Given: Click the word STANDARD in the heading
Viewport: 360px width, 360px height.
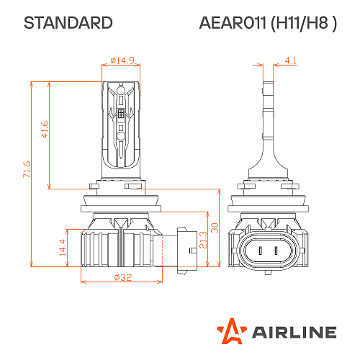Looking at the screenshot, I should (68, 23).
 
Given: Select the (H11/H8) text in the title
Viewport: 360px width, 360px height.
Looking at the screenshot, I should (303, 23).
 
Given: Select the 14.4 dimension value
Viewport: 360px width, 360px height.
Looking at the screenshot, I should (62, 247).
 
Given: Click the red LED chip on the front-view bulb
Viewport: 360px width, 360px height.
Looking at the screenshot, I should (122, 114).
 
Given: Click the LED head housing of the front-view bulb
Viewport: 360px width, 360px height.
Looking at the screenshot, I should (122, 126).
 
